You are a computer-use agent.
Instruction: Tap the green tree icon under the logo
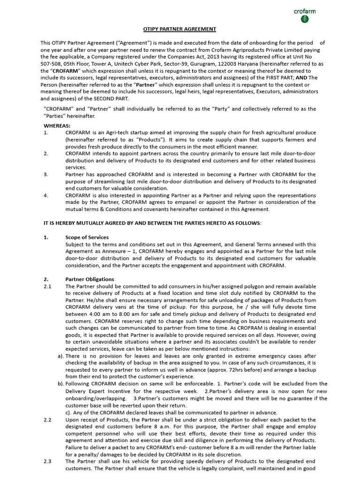(x=305, y=19)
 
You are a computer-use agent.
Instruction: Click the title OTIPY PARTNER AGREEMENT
(x=180, y=29)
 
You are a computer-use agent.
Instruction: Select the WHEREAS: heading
(x=57, y=126)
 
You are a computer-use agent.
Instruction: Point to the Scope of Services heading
(x=87, y=237)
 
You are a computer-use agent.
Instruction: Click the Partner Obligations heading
(x=90, y=279)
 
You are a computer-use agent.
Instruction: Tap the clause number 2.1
(x=47, y=286)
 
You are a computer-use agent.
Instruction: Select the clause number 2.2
(x=47, y=420)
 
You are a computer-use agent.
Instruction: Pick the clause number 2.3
(x=47, y=461)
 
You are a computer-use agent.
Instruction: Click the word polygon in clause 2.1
(x=219, y=286)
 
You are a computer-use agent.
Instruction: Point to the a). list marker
(x=61, y=356)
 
